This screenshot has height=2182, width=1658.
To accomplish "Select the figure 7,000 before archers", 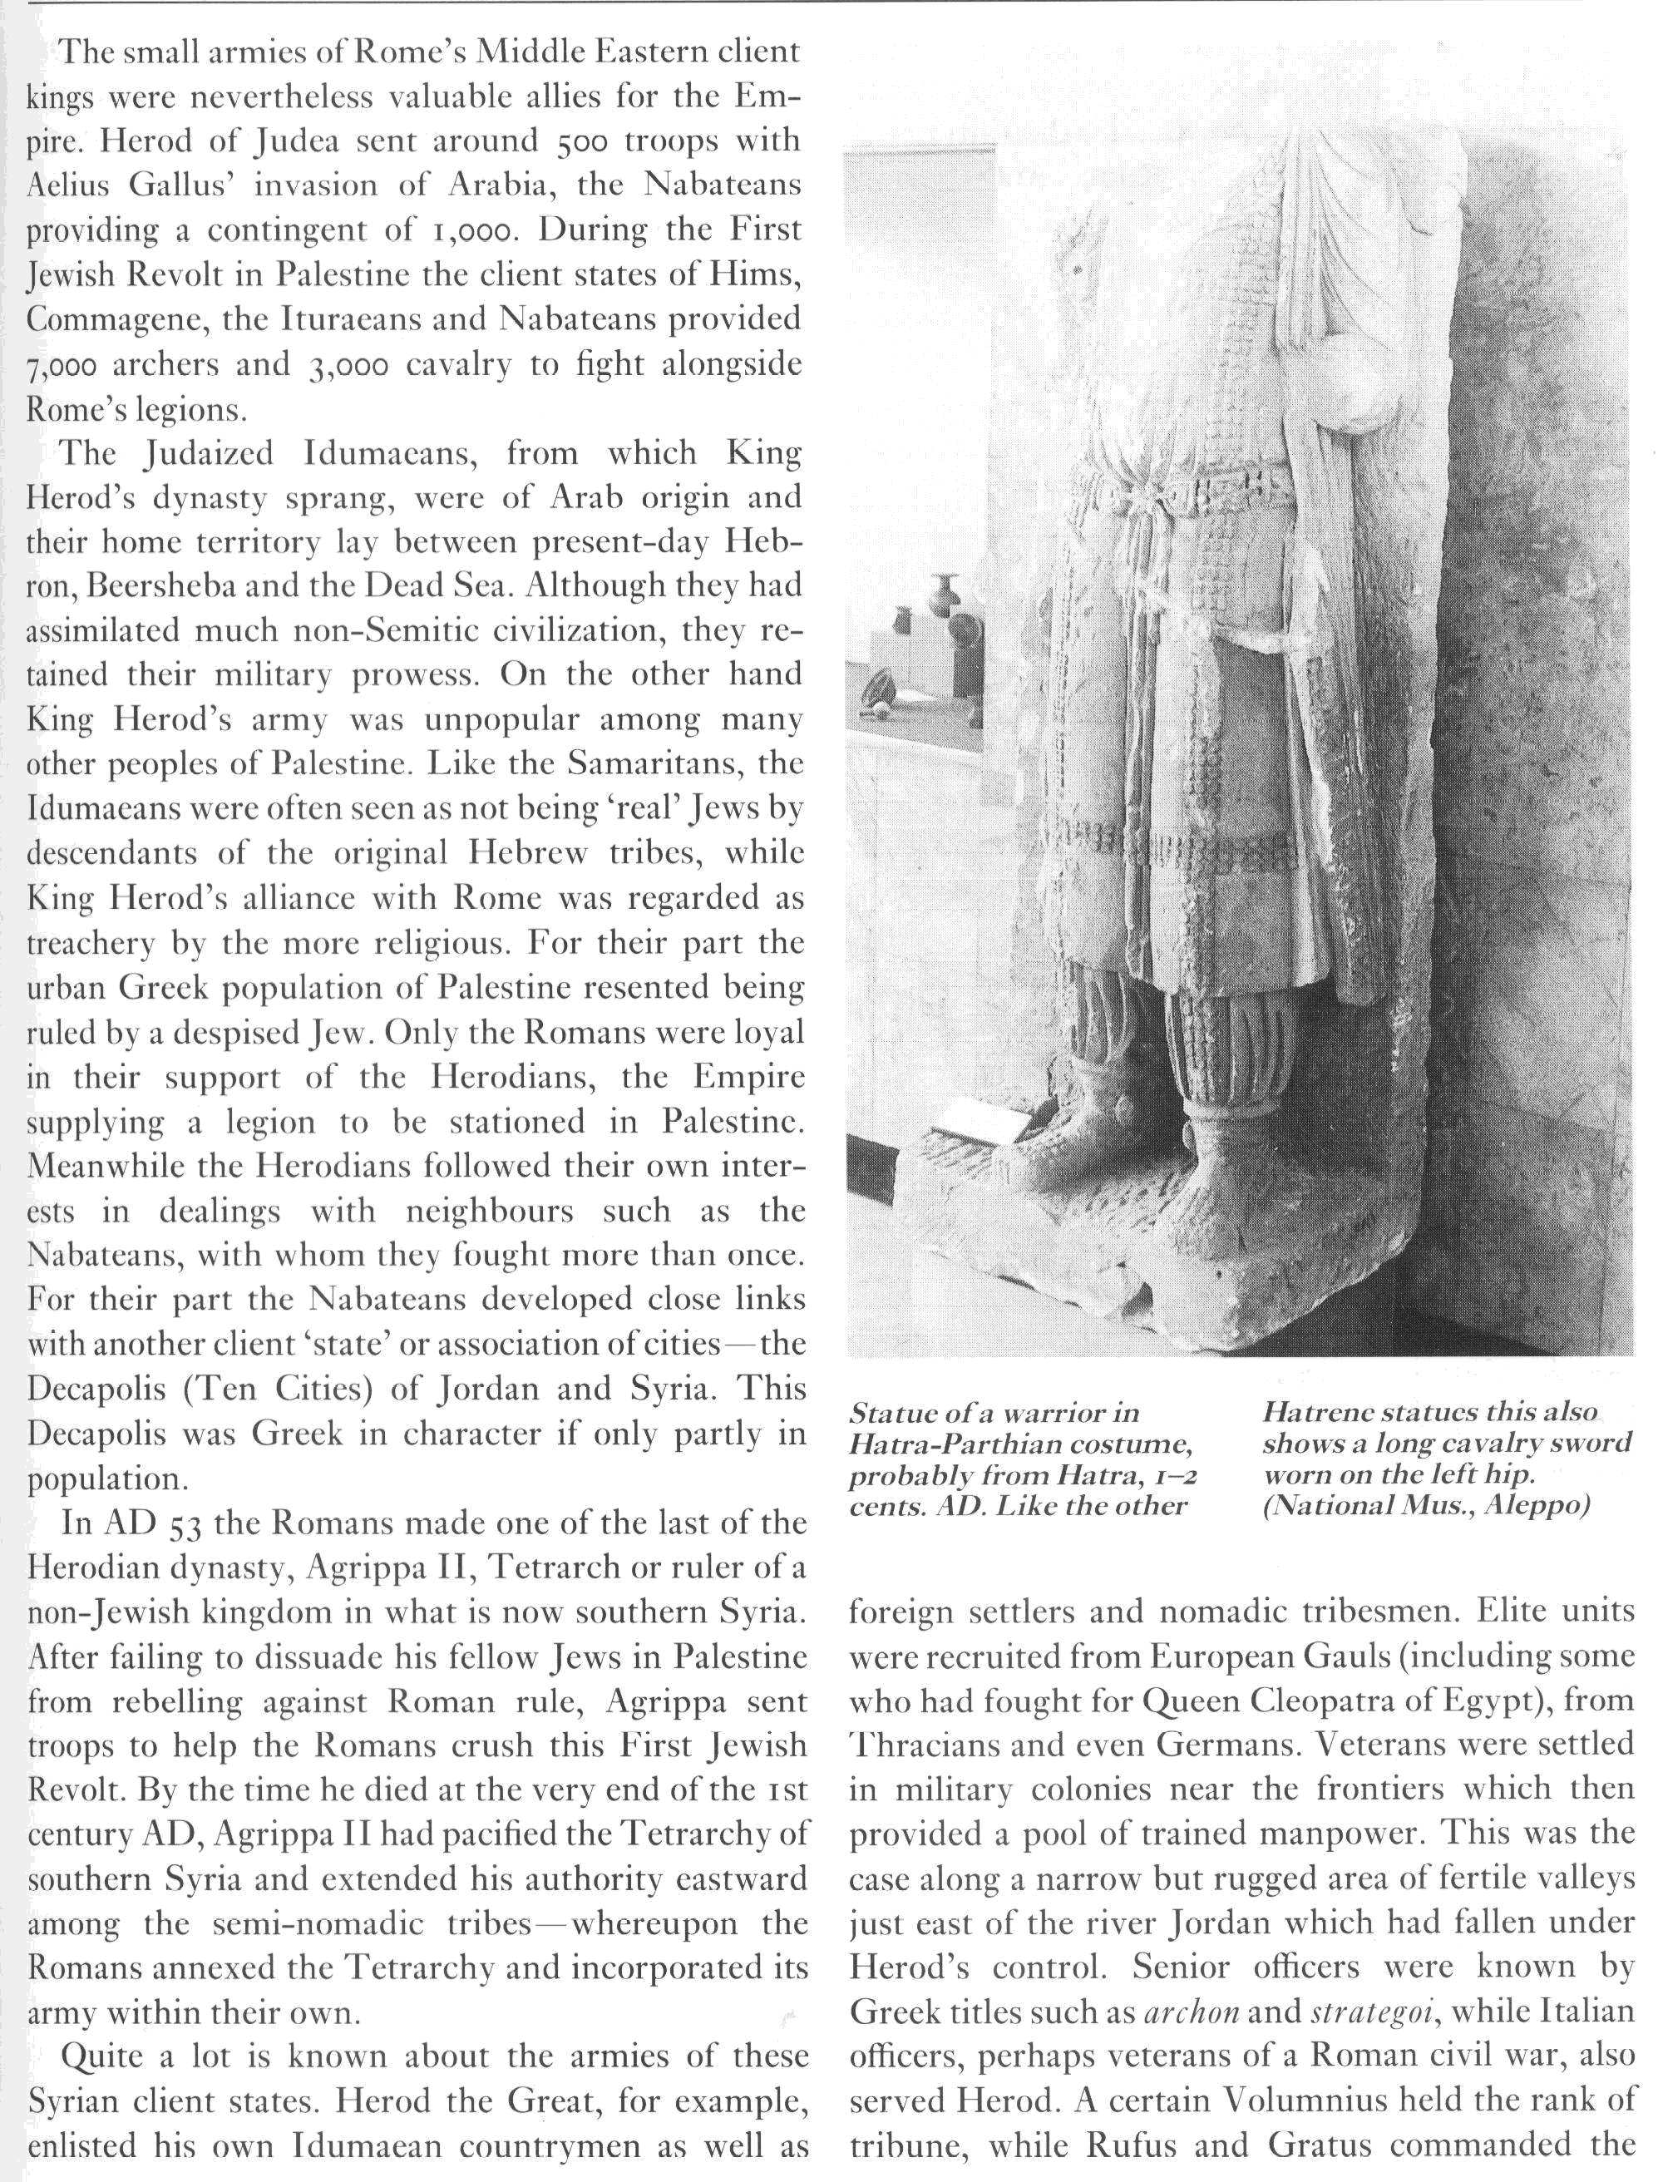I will point(62,366).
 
